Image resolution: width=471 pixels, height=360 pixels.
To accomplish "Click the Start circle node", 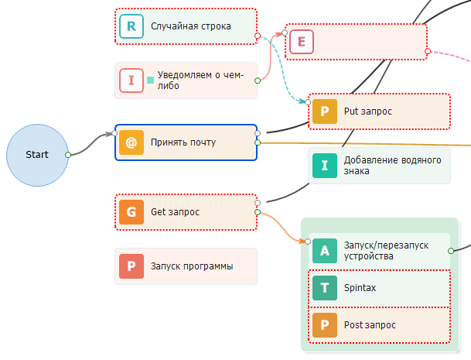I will [36, 155].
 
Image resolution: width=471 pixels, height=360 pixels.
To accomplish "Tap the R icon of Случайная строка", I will [131, 26].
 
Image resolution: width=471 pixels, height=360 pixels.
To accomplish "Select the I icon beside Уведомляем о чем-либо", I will [131, 81].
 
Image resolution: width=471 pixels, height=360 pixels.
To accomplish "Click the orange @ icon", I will [131, 142].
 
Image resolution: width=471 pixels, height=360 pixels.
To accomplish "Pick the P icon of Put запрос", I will [325, 111].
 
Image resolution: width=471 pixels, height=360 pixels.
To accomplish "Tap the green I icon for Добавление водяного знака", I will [325, 165].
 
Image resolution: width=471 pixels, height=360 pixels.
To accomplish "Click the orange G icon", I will [131, 212].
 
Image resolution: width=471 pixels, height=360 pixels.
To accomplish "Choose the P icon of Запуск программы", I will [131, 266].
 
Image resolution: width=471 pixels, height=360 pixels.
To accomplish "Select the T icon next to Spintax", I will [325, 288].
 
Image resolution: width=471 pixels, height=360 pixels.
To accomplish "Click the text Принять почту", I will [183, 142].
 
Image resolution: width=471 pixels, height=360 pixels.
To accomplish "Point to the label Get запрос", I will [176, 212].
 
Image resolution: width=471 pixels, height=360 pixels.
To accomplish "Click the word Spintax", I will [360, 288].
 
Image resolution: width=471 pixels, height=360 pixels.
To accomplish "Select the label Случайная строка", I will [191, 26].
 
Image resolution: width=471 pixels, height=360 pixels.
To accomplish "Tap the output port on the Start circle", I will [68, 155].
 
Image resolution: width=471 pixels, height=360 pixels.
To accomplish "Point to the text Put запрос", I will [367, 111].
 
